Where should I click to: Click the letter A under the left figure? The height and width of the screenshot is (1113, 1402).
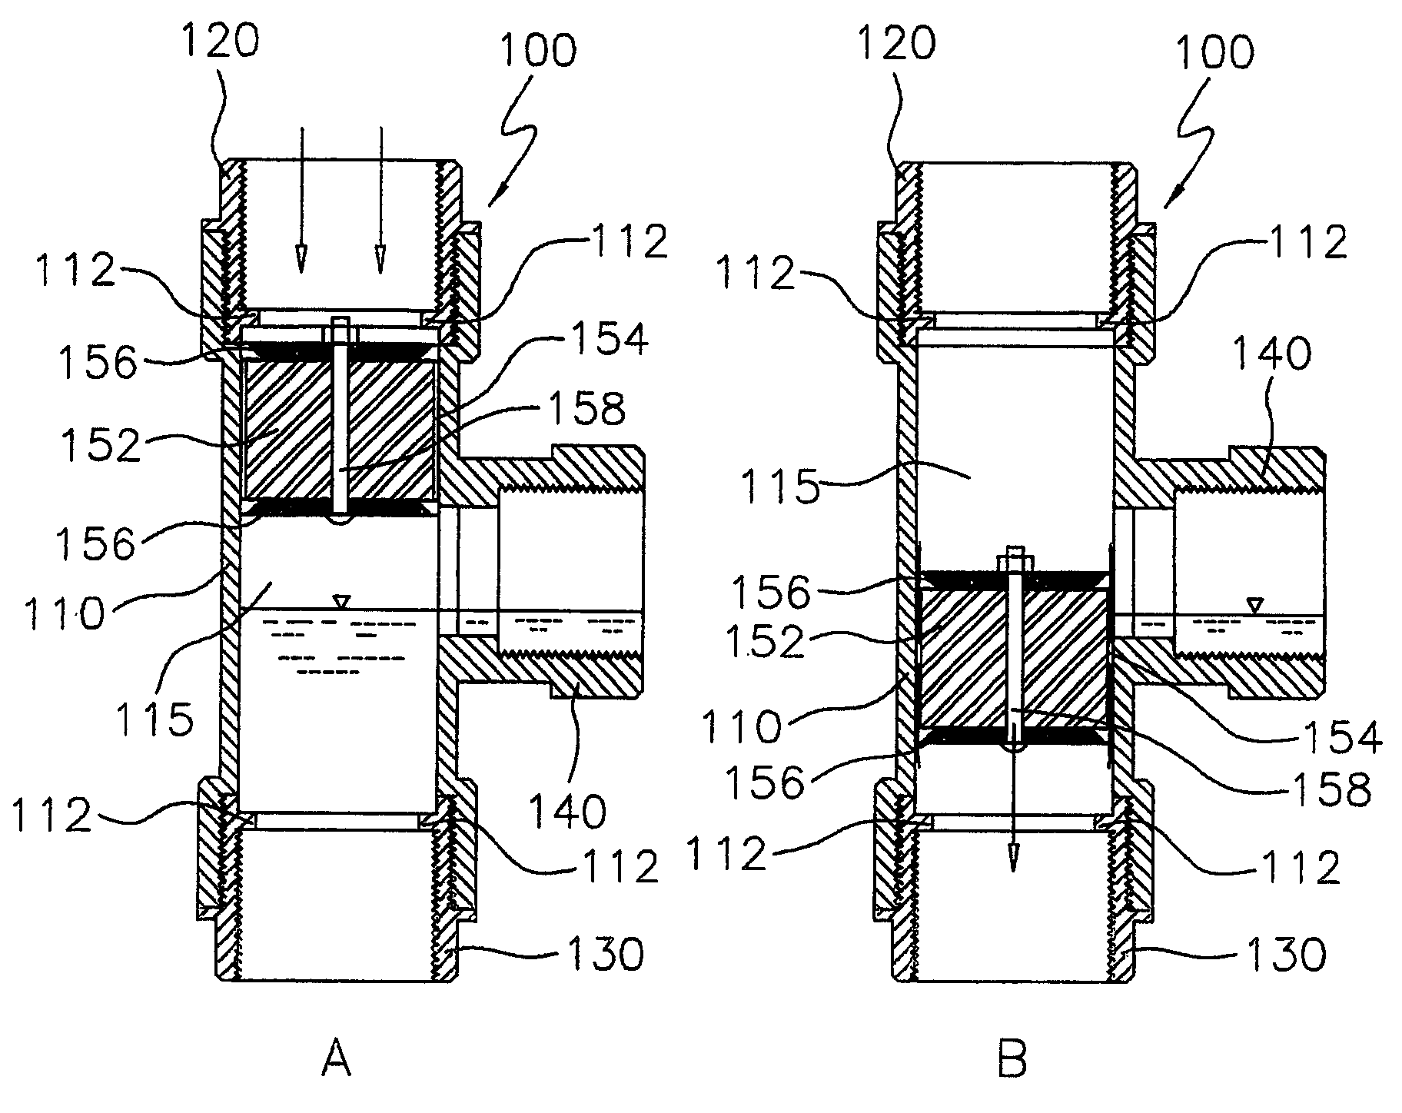coord(335,1062)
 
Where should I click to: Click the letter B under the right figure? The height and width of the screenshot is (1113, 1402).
coord(1012,1062)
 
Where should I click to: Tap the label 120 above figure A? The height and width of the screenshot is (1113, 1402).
coord(220,42)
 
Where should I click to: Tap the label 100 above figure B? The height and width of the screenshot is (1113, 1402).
coord(1215,52)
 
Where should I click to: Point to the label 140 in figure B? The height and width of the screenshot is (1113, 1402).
coord(1272,354)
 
